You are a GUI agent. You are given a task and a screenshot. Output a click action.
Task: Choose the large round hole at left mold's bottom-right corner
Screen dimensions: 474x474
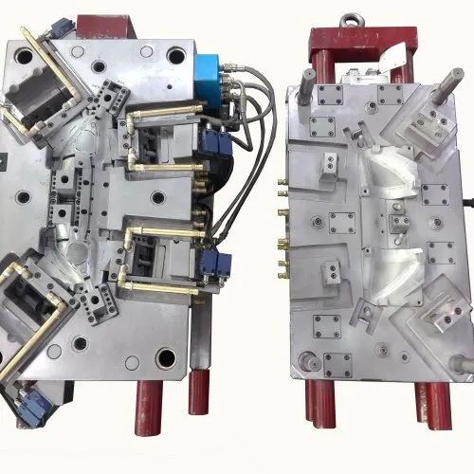167,358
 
